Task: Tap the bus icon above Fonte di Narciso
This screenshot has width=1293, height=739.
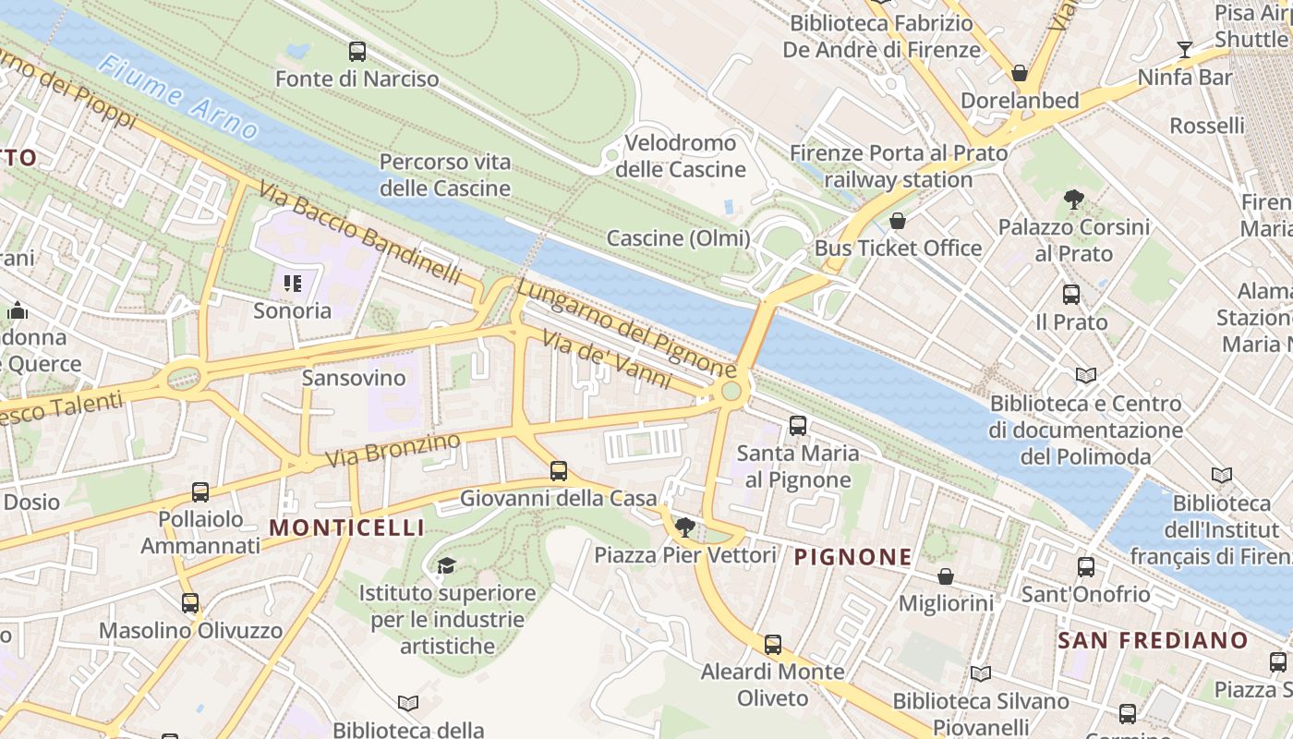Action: (356, 52)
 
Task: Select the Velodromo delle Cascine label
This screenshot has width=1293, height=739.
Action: (681, 156)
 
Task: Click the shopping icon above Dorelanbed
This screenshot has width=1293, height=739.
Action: (1020, 73)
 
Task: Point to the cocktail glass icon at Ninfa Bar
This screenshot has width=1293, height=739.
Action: (1185, 50)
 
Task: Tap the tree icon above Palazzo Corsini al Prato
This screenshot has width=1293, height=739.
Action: (1073, 199)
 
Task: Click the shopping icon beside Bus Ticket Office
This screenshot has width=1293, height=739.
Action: (897, 221)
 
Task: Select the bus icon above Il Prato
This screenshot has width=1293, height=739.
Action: (1071, 295)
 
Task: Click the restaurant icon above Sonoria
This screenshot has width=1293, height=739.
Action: (293, 284)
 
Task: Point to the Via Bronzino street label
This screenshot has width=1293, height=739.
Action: (393, 450)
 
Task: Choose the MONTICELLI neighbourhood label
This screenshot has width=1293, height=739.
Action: (346, 527)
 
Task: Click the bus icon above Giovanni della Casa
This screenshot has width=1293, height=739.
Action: (559, 471)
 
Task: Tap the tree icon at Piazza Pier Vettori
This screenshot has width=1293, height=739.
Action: (684, 527)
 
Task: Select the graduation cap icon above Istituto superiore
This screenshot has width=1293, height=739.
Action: (446, 565)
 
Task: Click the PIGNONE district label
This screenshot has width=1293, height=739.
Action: (852, 557)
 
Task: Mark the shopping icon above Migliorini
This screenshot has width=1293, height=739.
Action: (946, 576)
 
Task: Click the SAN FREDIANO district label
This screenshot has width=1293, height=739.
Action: (1153, 640)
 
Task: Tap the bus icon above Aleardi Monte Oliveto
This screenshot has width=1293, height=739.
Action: (773, 645)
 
